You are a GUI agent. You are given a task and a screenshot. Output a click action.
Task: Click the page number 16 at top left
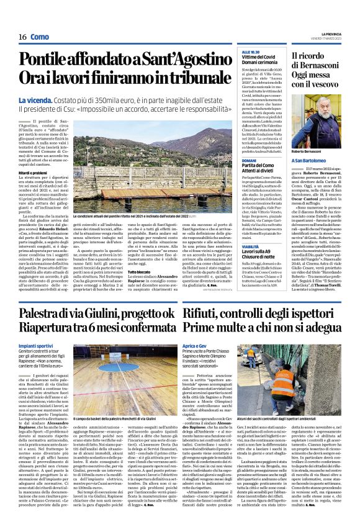point(22,37)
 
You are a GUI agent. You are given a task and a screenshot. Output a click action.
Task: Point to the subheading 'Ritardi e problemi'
point(31,172)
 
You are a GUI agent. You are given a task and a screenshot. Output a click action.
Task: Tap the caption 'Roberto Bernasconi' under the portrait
point(310,151)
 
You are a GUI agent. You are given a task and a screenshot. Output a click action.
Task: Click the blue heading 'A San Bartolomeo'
point(310,160)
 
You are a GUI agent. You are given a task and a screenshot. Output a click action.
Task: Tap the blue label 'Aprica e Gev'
point(198,344)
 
